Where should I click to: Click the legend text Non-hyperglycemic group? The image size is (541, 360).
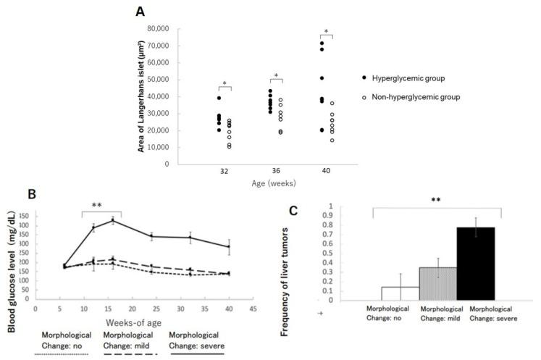coord(421,96)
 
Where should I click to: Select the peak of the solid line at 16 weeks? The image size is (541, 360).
coord(112,220)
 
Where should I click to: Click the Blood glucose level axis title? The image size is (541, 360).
coord(12,258)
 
